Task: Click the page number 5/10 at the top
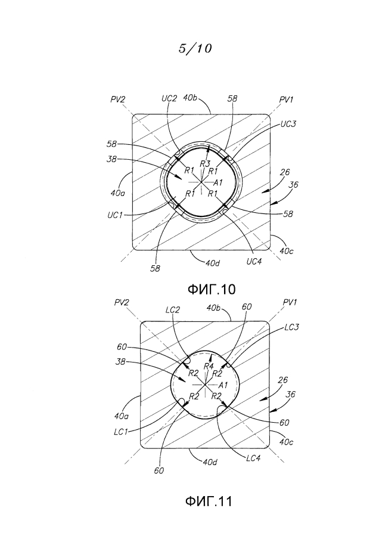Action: (195, 48)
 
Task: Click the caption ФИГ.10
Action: (212, 290)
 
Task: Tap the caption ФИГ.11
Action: (209, 501)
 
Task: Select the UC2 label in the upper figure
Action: (169, 98)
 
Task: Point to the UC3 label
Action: (288, 124)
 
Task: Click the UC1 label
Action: (115, 215)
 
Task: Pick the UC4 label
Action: (254, 262)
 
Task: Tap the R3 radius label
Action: (205, 164)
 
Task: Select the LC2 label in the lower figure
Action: (172, 309)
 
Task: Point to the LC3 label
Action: (291, 327)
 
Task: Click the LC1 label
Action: (120, 432)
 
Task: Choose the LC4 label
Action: (253, 458)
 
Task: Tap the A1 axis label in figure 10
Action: (218, 182)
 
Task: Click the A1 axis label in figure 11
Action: (223, 385)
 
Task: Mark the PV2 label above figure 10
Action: (118, 99)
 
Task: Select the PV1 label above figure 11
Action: (290, 302)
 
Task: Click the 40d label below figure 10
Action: (212, 263)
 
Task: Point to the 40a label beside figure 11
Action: (122, 416)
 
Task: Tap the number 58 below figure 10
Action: (155, 269)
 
